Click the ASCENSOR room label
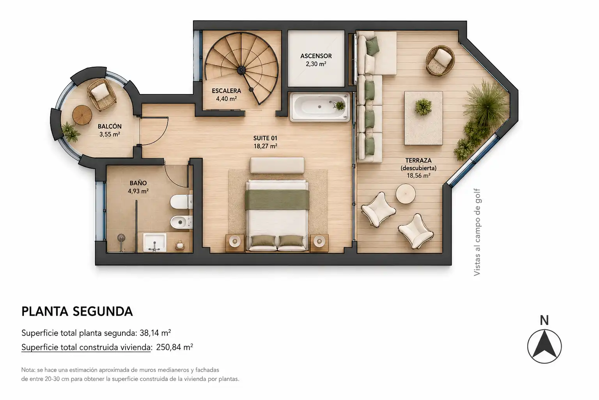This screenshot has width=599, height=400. click(316, 56)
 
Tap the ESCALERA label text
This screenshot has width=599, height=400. click(227, 91)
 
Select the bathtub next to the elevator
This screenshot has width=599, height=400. click(320, 107)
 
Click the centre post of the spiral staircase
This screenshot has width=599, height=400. click(241, 70)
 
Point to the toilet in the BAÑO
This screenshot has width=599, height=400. click(181, 202)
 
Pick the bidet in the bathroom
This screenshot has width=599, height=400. click(181, 222)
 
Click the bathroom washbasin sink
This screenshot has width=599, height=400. click(154, 243)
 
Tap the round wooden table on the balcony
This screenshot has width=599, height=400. click(82, 115)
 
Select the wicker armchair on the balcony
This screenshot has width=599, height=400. click(101, 94)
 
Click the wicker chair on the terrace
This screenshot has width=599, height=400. click(440, 61)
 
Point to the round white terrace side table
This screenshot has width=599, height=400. click(406, 194)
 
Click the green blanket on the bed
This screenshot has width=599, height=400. click(277, 200)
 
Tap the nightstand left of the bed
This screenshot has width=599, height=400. click(235, 243)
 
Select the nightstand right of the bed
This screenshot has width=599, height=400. click(319, 243)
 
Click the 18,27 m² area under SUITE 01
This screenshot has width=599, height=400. click(265, 146)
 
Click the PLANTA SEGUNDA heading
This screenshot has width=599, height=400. click(77, 311)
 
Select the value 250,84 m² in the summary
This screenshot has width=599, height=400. click(175, 347)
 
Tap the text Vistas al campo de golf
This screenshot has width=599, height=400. click(477, 232)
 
